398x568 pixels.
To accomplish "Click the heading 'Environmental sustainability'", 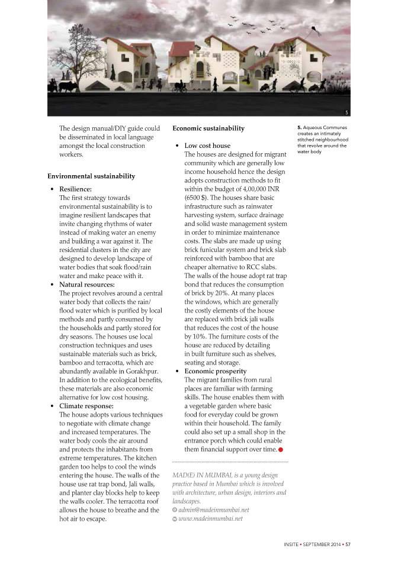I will coord(91,176).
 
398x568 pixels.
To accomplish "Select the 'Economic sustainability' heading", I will coord(208,128).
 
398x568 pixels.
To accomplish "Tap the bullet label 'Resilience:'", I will coord(75,189).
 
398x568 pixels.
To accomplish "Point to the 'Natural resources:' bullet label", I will coord(86,285).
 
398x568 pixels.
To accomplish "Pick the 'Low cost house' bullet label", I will coord(207,146).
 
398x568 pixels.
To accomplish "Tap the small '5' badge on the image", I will coord(345,111).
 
